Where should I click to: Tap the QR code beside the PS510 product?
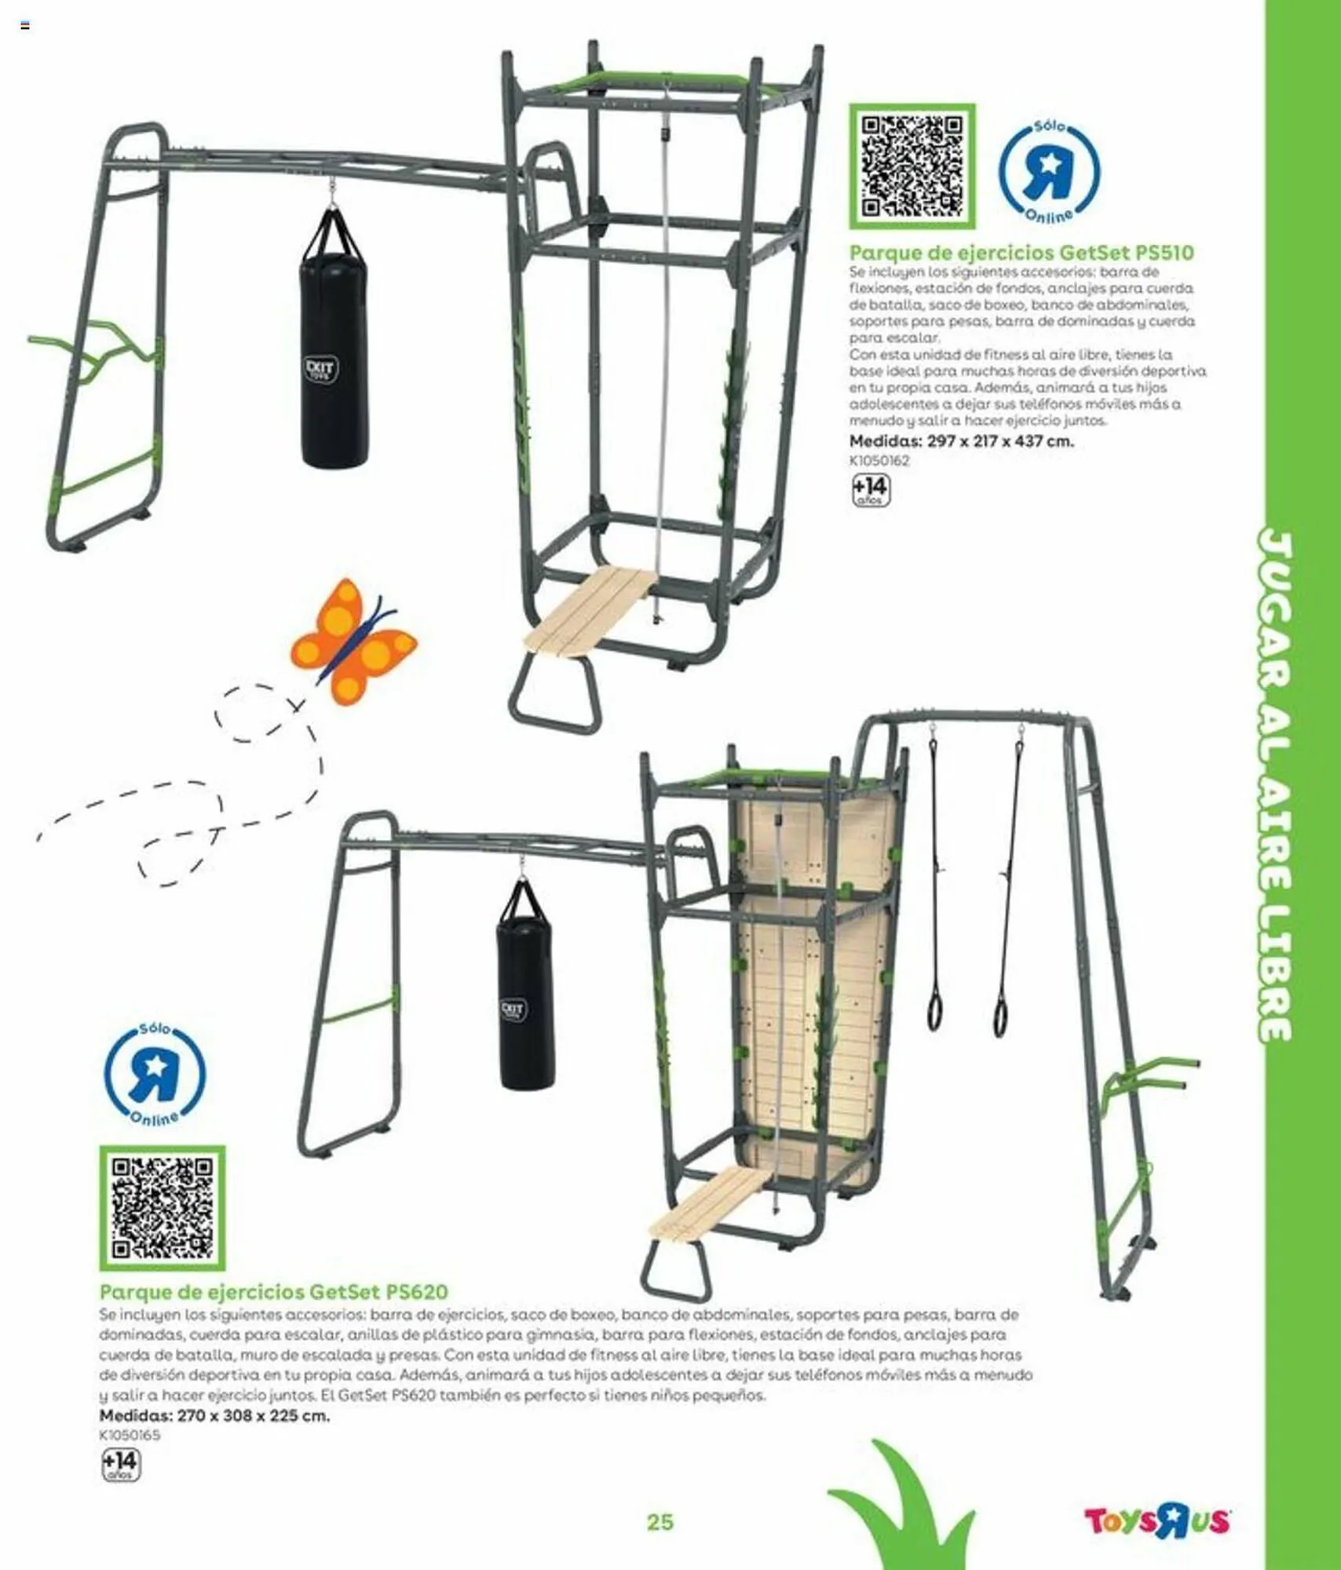(912, 166)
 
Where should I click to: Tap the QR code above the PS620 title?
(162, 1208)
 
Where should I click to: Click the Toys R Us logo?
(1156, 1543)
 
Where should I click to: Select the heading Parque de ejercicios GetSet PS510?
(1021, 253)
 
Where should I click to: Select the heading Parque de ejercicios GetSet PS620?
(273, 1292)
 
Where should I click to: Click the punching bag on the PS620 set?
(527, 986)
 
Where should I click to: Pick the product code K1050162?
(879, 461)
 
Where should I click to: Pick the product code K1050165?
(130, 1435)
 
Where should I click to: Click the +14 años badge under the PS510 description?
(871, 491)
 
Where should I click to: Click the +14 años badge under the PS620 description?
(120, 1465)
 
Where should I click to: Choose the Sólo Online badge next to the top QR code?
(1049, 172)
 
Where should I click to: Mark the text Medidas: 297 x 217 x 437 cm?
(961, 441)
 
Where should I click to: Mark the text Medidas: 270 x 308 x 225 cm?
(214, 1415)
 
